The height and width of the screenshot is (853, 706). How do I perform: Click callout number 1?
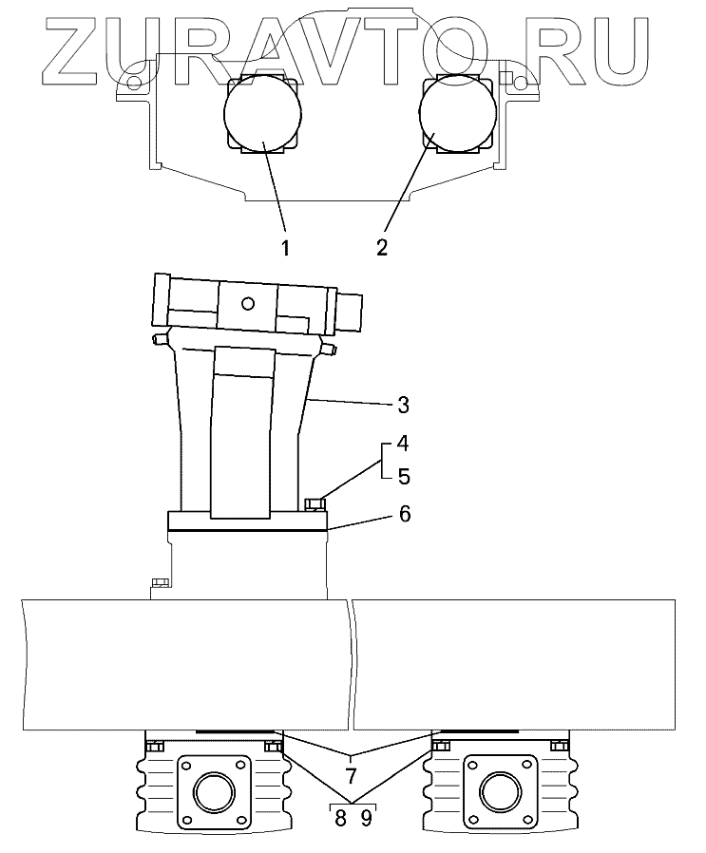point(284,248)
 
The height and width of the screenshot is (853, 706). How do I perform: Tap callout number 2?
point(381,248)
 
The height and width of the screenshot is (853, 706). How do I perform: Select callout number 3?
point(403,406)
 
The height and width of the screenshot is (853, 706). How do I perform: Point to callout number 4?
point(403,444)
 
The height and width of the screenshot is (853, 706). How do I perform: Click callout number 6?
point(403,514)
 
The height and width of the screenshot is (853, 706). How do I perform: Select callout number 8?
point(339,817)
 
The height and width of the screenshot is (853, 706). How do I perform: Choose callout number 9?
point(367,817)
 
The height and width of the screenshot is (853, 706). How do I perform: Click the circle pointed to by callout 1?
point(263,115)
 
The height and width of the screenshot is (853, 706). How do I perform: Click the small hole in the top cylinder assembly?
point(248,304)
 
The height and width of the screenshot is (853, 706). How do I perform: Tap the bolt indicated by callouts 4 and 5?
point(315,503)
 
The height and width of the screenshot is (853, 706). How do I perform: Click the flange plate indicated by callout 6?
point(247,521)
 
